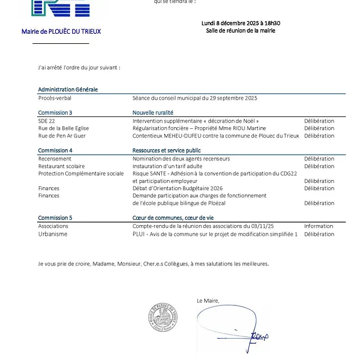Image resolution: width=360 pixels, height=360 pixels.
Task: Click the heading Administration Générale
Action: [67, 89]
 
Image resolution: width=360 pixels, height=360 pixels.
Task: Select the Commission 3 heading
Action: [55, 112]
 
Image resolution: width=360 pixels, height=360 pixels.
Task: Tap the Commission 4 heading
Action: [55, 150]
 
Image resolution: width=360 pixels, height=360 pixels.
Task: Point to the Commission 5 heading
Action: [55, 218]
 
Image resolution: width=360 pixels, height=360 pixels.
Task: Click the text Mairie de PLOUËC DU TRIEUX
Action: [61, 31]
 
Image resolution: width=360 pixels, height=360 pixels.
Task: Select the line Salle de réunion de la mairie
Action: [241, 30]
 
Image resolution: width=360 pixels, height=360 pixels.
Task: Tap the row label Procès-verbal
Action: [55, 98]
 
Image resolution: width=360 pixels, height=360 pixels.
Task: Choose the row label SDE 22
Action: [47, 121]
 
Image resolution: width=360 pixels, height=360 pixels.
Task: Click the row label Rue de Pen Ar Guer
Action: [62, 136]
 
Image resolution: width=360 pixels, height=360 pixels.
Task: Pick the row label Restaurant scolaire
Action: [61, 166]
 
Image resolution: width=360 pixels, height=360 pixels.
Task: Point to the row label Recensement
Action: [55, 159]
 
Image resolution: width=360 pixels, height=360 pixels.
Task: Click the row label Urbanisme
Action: [53, 234]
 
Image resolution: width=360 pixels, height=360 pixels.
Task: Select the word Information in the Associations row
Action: [319, 226]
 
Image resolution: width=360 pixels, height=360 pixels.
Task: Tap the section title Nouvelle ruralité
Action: [153, 112]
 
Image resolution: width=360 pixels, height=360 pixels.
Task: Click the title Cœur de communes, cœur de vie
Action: [173, 218]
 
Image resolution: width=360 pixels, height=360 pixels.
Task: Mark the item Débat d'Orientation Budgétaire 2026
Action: [178, 188]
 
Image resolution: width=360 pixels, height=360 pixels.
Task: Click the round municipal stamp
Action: [163, 319]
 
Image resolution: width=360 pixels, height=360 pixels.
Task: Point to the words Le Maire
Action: [208, 301]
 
